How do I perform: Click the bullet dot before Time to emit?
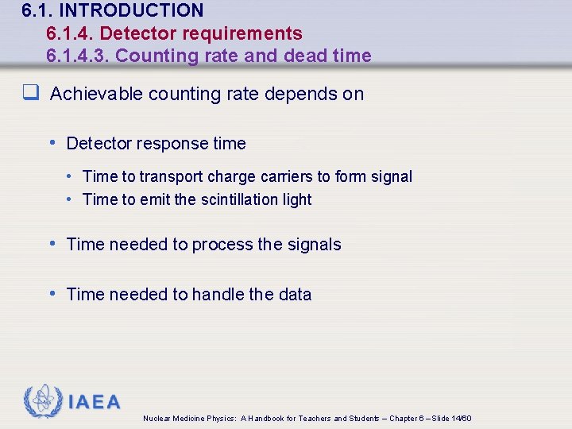[x=70, y=199]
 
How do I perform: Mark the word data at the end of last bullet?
[x=295, y=294]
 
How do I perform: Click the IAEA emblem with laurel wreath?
[x=42, y=401]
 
